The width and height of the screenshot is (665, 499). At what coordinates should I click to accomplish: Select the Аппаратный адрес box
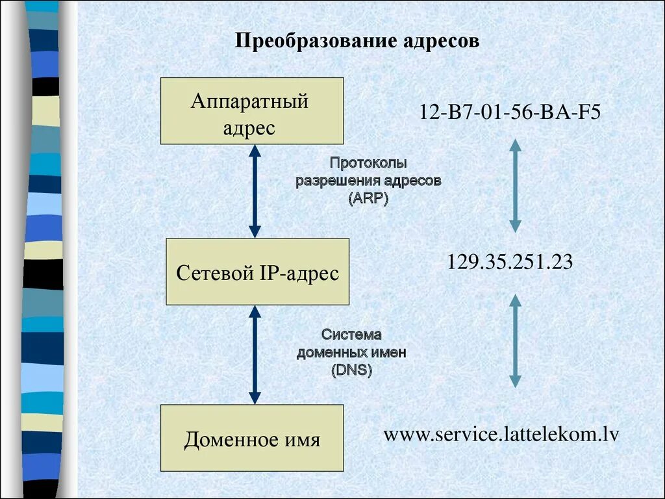[x=252, y=111]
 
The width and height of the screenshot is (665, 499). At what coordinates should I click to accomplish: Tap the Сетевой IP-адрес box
[x=257, y=272]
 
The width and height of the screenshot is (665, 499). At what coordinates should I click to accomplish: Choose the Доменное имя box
[x=252, y=438]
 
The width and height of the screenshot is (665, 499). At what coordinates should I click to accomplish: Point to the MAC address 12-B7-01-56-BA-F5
[x=510, y=112]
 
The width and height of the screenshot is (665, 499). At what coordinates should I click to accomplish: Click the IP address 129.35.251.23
[x=510, y=262]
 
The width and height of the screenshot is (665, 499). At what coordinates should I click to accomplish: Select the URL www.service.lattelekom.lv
[x=501, y=433]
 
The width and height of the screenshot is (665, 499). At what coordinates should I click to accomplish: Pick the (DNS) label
[x=351, y=370]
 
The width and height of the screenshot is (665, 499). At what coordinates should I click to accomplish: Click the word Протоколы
[x=368, y=163]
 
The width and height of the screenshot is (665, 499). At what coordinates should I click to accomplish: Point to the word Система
[x=351, y=335]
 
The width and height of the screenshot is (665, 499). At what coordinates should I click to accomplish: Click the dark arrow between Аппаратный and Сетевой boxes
[x=255, y=191]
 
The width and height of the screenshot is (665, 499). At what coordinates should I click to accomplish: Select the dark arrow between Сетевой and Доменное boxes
[x=255, y=355]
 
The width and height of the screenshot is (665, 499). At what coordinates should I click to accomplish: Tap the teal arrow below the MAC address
[x=515, y=186]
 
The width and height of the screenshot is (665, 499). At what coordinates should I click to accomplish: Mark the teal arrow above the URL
[x=515, y=340]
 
